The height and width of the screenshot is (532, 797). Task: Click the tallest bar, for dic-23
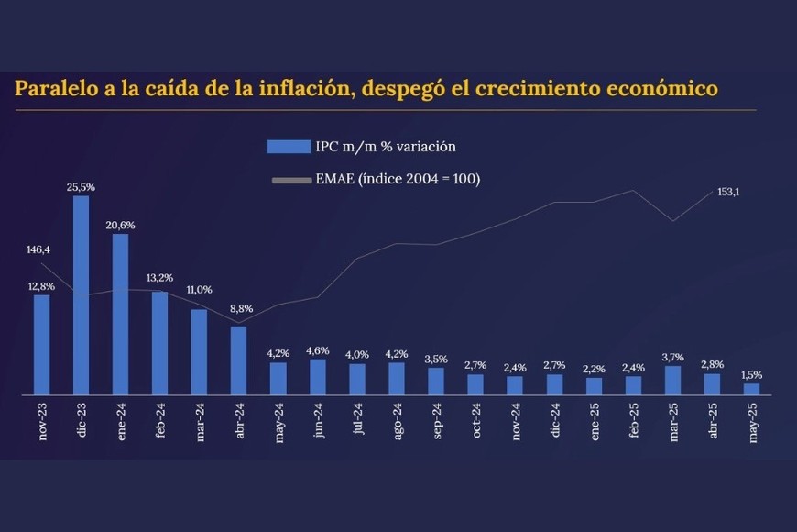[82, 295]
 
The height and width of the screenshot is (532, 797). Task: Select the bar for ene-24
[121, 315]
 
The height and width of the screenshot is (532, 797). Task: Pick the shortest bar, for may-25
[751, 389]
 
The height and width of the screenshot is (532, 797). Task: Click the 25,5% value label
[82, 187]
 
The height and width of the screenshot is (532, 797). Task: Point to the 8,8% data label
[239, 309]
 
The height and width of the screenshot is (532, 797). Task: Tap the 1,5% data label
[751, 374]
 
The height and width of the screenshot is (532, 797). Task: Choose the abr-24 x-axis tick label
[240, 422]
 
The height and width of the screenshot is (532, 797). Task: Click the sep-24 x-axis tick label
[437, 422]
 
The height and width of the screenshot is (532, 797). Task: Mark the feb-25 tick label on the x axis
[634, 422]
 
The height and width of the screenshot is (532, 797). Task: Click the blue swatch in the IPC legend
[288, 147]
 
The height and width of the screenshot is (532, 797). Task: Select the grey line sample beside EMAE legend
[290, 180]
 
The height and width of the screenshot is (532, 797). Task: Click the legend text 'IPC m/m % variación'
[386, 147]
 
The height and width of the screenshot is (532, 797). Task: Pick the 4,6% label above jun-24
[318, 350]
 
